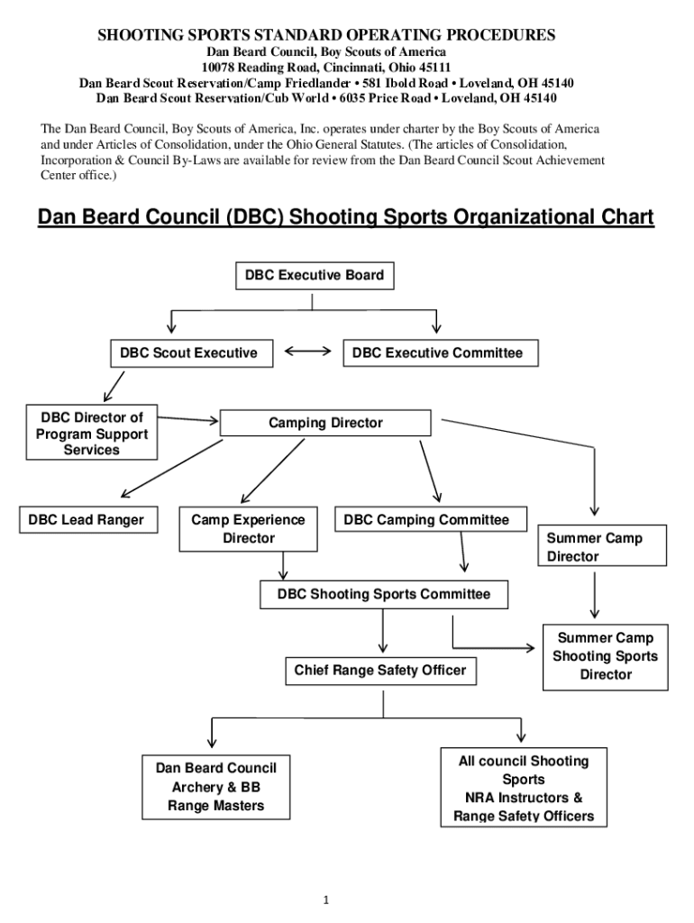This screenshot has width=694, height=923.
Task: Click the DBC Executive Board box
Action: pyautogui.click(x=315, y=276)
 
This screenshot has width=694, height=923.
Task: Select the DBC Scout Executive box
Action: pyautogui.click(x=188, y=352)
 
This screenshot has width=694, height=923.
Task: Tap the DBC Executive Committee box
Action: pyautogui.click(x=437, y=352)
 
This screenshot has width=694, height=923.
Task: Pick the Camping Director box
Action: pyautogui.click(x=325, y=423)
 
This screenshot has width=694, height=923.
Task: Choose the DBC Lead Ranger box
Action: pyautogui.click(x=86, y=520)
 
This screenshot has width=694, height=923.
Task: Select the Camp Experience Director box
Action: pyautogui.click(x=248, y=529)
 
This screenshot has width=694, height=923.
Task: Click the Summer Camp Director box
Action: pyautogui.click(x=602, y=547)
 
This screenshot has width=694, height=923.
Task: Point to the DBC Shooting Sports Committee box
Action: pyautogui.click(x=384, y=594)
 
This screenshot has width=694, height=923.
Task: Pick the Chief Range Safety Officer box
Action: pyautogui.click(x=379, y=670)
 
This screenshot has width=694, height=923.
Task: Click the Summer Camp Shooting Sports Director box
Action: pyautogui.click(x=605, y=656)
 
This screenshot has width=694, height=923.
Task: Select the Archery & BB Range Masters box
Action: pyautogui.click(x=216, y=786)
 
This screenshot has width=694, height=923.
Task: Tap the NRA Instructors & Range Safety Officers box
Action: pyautogui.click(x=523, y=789)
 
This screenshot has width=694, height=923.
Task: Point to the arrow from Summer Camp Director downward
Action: pyautogui.click(x=594, y=596)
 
